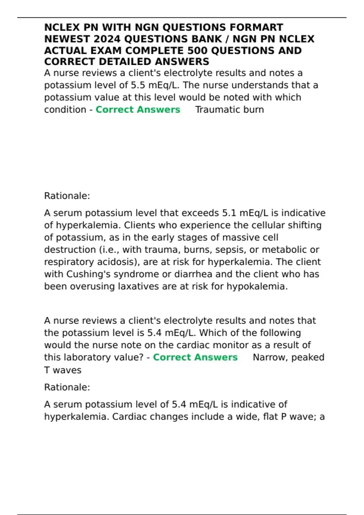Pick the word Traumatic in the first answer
(x=217, y=110)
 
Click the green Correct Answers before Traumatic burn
(x=138, y=110)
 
